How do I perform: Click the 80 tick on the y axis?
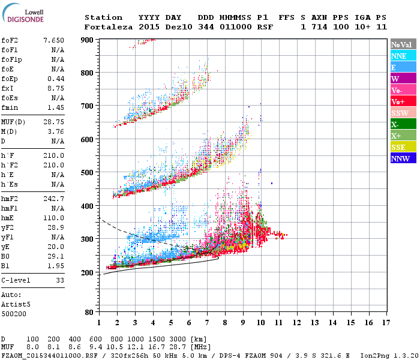(89, 312)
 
